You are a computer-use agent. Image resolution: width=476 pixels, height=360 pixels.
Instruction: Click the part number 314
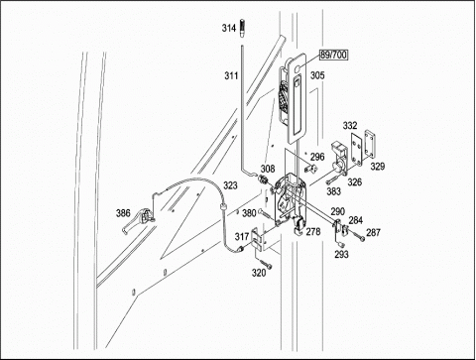(x=228, y=28)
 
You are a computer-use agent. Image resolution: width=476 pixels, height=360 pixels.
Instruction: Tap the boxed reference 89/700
(x=333, y=55)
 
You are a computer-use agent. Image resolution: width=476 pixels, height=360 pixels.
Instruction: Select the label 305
(x=317, y=75)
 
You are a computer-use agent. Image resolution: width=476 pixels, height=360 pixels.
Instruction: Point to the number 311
(x=231, y=76)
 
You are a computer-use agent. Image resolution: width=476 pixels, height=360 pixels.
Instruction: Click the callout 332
(x=350, y=126)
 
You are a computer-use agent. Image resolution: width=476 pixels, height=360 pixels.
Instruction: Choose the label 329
(x=378, y=167)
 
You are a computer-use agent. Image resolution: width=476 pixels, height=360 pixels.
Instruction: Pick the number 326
(x=354, y=181)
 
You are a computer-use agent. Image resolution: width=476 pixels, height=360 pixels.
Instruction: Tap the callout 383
(x=333, y=191)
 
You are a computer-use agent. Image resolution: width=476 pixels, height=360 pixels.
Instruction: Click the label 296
(x=317, y=157)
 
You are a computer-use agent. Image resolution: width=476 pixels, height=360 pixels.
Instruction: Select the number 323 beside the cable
(x=230, y=185)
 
